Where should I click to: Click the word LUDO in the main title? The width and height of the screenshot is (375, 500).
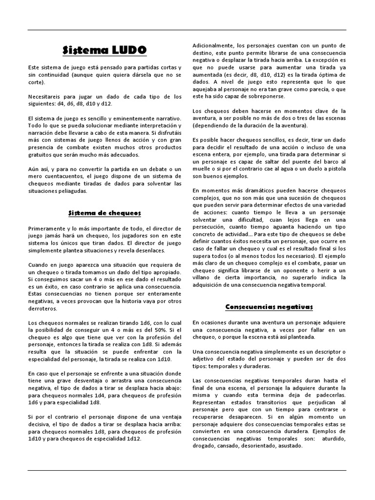pyautogui.click(x=129, y=50)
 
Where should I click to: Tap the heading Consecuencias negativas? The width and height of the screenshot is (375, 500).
pyautogui.click(x=269, y=307)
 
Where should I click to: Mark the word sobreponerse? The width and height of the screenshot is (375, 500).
pyautogui.click(x=272, y=96)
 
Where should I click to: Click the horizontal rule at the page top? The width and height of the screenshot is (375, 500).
pyautogui.click(x=187, y=30)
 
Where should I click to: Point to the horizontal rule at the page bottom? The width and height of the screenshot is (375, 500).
pyautogui.click(x=187, y=471)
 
